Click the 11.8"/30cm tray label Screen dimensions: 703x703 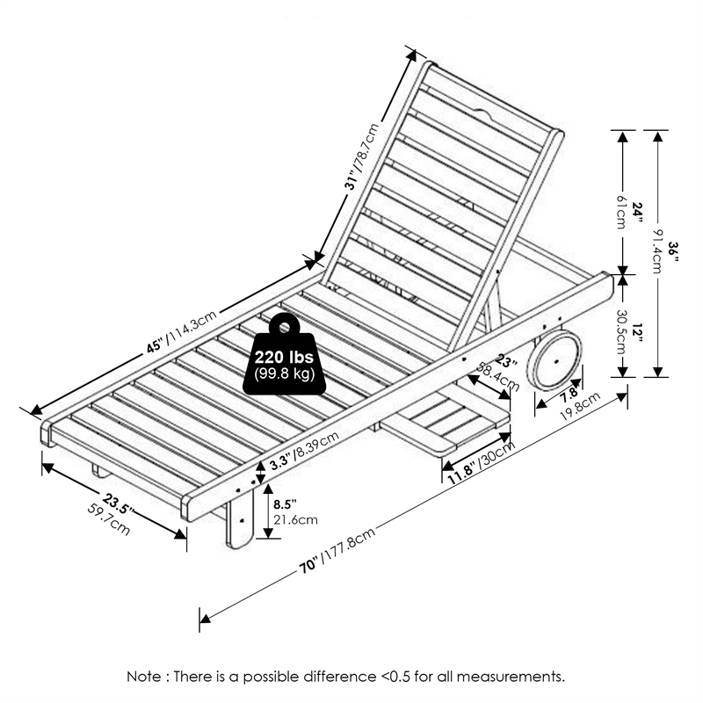(479, 469)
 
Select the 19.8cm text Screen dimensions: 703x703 (581, 407)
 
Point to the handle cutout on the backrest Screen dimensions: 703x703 (482, 113)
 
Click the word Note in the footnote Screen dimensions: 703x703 (144, 677)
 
